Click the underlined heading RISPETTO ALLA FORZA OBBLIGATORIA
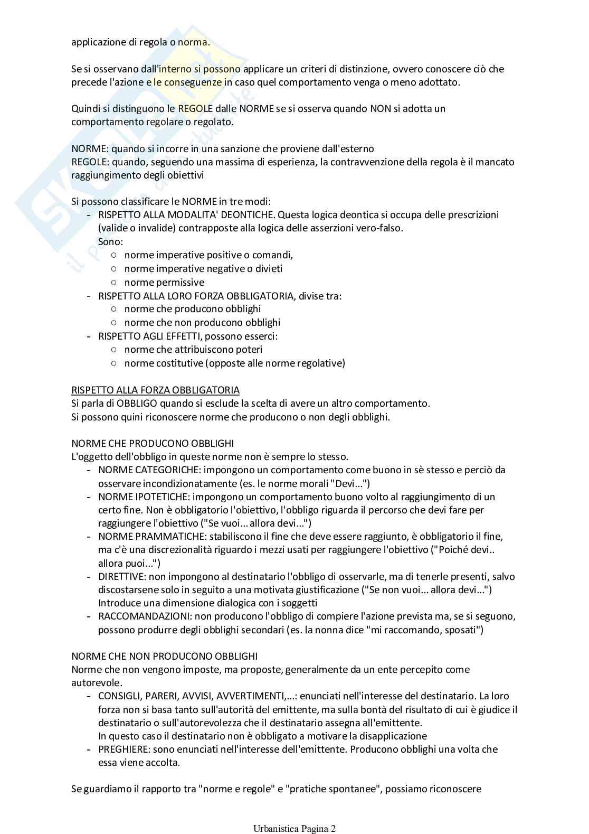(x=155, y=390)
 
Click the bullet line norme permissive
(x=164, y=283)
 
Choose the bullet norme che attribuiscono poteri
(x=193, y=350)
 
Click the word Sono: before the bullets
(x=110, y=242)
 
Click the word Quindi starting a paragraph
(x=85, y=109)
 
